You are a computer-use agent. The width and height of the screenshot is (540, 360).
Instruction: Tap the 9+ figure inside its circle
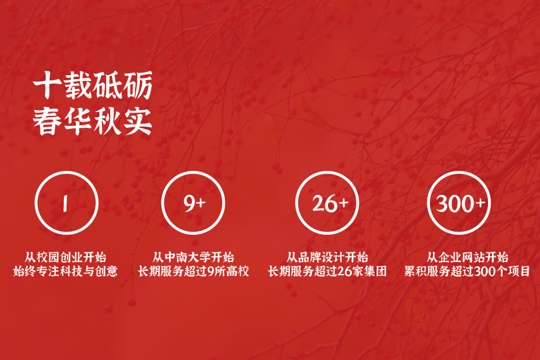tap(194, 203)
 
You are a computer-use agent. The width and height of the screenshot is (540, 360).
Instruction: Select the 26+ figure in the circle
tap(330, 203)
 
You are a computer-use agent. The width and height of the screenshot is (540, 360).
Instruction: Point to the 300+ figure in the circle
tap(460, 203)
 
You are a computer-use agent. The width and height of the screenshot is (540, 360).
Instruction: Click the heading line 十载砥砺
tap(92, 85)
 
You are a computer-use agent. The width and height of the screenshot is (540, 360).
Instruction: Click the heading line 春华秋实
tap(92, 121)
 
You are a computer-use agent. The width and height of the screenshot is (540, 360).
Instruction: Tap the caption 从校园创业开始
tap(65, 258)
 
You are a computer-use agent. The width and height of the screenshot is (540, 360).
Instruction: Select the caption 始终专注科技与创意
tap(65, 271)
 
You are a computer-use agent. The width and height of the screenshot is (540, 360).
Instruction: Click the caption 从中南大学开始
tap(193, 258)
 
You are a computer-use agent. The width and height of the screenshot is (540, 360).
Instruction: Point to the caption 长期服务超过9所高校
tap(193, 271)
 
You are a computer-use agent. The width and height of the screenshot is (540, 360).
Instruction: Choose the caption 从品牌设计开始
tap(327, 258)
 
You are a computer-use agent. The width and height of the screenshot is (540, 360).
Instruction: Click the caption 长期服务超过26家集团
tap(327, 271)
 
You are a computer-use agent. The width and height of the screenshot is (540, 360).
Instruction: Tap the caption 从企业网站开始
tap(467, 258)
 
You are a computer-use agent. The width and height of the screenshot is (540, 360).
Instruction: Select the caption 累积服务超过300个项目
tap(467, 271)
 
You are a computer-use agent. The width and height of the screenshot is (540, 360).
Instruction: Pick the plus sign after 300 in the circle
tap(480, 202)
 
